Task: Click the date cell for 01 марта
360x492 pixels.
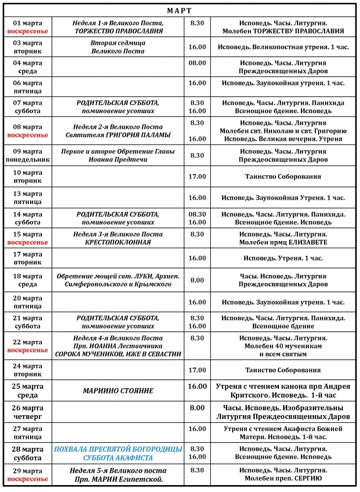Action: [x=28, y=27]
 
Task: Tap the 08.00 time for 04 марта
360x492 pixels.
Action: [x=197, y=63]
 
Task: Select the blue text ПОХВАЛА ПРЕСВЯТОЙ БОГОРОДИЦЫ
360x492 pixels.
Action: [x=118, y=449]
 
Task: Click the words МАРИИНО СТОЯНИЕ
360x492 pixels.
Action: [x=118, y=391]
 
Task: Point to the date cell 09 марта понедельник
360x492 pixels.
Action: [x=28, y=155]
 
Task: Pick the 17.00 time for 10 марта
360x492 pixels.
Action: [x=197, y=176]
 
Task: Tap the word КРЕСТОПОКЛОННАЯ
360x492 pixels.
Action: [x=118, y=242]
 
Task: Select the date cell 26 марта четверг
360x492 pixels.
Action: [x=28, y=412]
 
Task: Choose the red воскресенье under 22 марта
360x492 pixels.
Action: [x=28, y=350]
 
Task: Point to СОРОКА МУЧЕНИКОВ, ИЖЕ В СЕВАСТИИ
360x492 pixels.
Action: [x=118, y=354]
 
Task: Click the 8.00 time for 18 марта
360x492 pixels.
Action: [x=197, y=280]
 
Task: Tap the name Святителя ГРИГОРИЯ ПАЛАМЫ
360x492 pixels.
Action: [x=118, y=135]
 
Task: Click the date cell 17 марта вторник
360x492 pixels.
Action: [x=28, y=258]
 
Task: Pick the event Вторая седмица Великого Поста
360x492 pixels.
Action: [x=118, y=47]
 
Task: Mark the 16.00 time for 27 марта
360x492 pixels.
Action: [x=197, y=429]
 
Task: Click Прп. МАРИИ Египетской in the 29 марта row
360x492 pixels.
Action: [x=118, y=479]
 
